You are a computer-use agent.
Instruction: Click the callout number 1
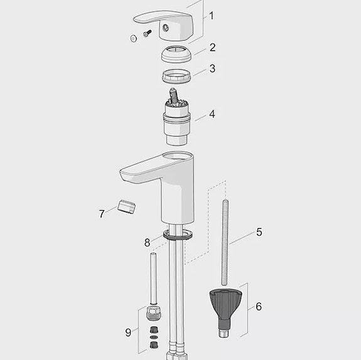click(x=212, y=16)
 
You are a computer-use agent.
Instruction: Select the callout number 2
click(x=213, y=47)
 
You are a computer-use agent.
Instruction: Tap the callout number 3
click(x=213, y=68)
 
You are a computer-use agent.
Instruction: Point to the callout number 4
click(x=213, y=114)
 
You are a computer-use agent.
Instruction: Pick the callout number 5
click(x=259, y=231)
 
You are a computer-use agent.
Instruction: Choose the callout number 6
click(x=259, y=307)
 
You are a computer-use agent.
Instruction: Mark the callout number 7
click(x=102, y=214)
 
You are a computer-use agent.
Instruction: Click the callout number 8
click(x=148, y=243)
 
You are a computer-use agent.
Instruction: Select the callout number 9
click(x=128, y=332)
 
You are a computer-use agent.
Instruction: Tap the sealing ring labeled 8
click(x=178, y=235)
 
